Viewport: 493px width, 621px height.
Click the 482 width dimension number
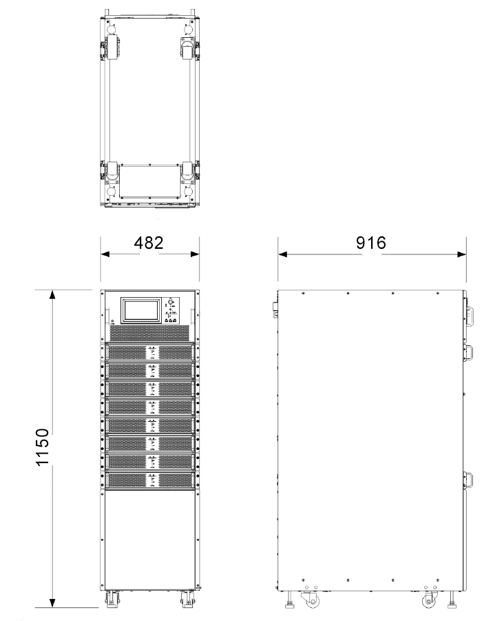(149, 243)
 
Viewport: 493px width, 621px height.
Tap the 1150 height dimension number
(43, 449)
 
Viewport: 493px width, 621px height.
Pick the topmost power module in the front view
(150, 353)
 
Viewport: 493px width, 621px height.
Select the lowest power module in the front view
(150, 479)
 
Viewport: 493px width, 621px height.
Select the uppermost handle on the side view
(472, 312)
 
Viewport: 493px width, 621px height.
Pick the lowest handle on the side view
(472, 480)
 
